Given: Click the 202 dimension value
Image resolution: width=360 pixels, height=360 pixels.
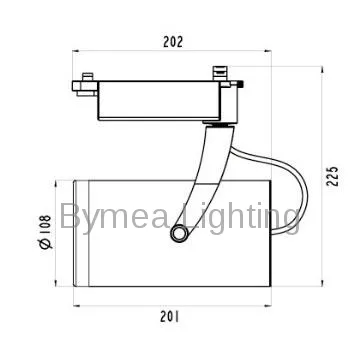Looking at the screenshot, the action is pos(173,42).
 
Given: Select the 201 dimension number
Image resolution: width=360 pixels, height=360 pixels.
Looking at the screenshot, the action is pos(170,317).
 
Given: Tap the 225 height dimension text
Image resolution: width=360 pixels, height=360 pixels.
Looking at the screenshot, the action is pos(332,176).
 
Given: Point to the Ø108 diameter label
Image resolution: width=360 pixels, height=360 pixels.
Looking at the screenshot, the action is pos(45,232).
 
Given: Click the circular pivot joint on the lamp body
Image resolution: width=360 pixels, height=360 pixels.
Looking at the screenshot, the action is pos(179,234).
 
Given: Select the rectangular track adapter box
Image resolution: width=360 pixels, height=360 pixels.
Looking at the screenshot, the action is pos(159,100).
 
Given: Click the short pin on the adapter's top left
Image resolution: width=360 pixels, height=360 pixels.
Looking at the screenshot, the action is pos(88,77).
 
